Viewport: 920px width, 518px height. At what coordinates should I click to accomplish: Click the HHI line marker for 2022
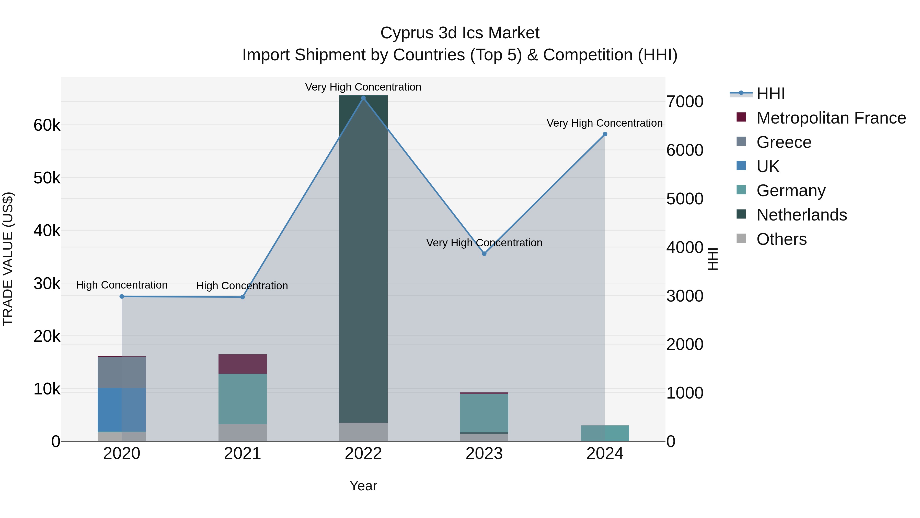coord(363,98)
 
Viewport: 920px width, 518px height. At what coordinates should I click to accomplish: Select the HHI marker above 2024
coord(605,134)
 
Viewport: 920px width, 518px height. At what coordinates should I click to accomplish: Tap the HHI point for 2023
coord(484,254)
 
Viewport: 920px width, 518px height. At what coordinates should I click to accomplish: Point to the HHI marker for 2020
coord(122,296)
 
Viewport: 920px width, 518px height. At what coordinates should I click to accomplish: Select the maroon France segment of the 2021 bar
coord(243,364)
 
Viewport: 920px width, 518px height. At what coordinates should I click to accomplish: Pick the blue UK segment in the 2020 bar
coord(122,410)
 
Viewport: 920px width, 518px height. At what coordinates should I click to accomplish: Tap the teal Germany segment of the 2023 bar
coord(484,413)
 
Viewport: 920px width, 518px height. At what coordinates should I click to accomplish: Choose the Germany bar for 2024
coord(605,433)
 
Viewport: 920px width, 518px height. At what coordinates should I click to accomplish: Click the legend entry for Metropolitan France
coord(831,118)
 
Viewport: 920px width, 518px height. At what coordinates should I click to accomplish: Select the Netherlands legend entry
coord(801,215)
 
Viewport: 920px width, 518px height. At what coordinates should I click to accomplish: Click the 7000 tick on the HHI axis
coord(685,102)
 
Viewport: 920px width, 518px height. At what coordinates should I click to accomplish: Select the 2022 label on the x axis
coord(363,454)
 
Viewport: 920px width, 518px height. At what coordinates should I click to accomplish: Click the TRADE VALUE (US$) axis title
coord(8,259)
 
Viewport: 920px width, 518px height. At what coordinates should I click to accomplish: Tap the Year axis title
coord(363,486)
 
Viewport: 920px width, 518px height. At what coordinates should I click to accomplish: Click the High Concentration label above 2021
coord(242,286)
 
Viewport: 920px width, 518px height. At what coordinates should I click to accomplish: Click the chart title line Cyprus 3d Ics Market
coord(460,33)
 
